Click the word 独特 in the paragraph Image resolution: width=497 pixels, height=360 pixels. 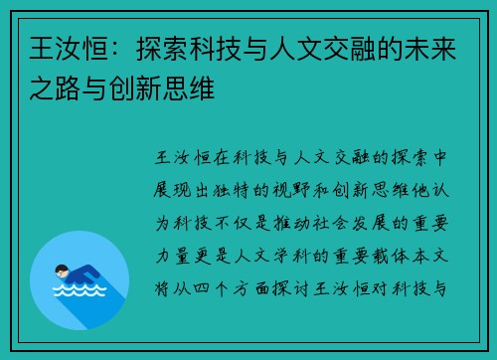(244, 184)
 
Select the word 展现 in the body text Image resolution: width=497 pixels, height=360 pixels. (181, 184)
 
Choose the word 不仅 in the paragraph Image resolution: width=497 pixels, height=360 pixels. (244, 211)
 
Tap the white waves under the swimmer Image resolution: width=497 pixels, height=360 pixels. (80, 295)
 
